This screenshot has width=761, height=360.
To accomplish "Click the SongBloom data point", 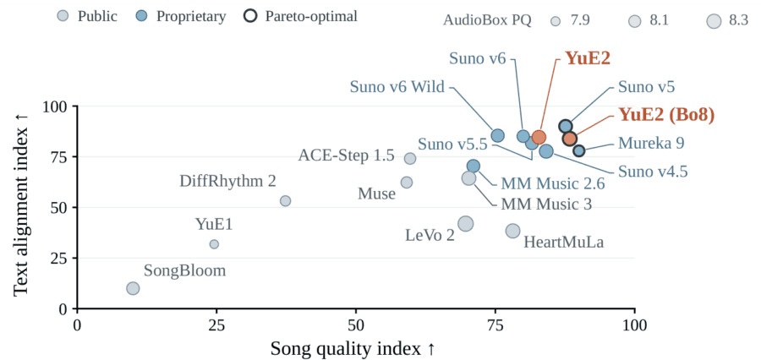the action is click(133, 288).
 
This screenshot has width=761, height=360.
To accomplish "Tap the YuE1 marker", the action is click(214, 244).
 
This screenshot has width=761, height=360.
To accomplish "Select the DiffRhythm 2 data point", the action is click(286, 201).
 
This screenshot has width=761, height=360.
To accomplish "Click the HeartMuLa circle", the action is click(512, 231).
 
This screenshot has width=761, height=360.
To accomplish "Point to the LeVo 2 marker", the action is click(466, 224).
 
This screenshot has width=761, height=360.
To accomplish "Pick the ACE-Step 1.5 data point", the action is click(410, 158).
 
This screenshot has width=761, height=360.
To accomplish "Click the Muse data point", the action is click(407, 183).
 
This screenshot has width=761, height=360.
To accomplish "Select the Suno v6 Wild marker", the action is click(497, 135).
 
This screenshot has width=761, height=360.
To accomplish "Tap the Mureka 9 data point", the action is click(578, 151).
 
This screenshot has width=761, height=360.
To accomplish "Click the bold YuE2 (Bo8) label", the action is click(666, 114).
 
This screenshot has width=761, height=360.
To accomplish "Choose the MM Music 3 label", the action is click(546, 205).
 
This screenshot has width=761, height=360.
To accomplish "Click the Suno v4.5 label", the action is click(653, 172).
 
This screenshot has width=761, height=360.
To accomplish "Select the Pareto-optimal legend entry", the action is click(302, 17).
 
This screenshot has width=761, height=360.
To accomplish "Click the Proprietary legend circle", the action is click(143, 17).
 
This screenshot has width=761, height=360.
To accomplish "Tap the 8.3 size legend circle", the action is click(714, 21).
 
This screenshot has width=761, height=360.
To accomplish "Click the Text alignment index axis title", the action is click(20, 207).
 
